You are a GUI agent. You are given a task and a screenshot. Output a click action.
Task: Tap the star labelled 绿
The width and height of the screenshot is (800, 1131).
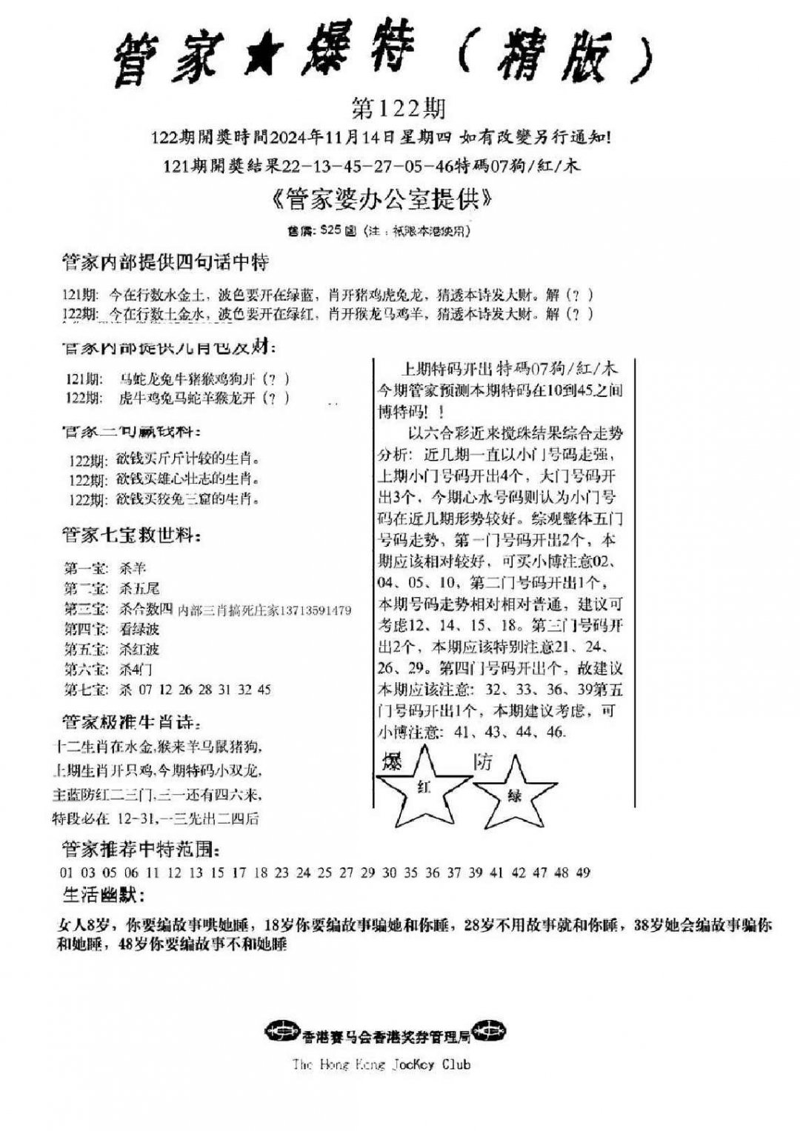[515, 795]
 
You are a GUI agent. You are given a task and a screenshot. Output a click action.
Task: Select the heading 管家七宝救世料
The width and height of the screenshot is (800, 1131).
[131, 536]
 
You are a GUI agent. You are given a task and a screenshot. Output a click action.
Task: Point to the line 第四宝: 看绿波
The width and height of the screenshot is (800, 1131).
[112, 630]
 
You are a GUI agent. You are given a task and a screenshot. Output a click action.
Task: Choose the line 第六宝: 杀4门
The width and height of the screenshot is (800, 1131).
[107, 670]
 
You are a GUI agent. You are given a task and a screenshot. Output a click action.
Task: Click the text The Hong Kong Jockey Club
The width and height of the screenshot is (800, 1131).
[381, 1064]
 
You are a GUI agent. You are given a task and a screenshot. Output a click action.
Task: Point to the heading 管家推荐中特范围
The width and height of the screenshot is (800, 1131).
[140, 849]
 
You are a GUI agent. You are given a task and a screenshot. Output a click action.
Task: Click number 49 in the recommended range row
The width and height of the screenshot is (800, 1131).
[583, 873]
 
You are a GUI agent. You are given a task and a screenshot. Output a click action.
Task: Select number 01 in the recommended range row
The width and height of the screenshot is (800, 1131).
[67, 873]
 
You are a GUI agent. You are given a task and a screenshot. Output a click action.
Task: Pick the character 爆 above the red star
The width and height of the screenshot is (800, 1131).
[392, 761]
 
